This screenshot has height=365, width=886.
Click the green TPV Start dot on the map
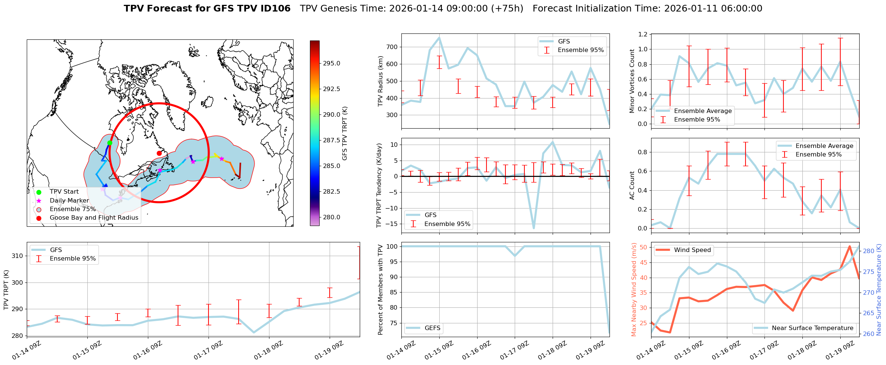[x=110, y=143]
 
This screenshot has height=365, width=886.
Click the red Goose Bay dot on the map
[x=159, y=153]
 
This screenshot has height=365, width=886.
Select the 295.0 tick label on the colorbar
[x=331, y=64]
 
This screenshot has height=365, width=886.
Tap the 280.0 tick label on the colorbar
[x=331, y=217]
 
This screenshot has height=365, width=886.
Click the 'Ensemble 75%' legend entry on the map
[x=72, y=209]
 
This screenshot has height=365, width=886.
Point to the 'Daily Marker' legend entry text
[x=69, y=201]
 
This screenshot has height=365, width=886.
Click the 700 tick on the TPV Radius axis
[x=392, y=47]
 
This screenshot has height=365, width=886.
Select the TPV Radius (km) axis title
[x=380, y=81]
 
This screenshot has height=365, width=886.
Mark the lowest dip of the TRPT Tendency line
[x=534, y=228]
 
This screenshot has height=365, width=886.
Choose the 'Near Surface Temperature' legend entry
[x=812, y=328]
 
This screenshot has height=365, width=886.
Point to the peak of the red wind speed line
[x=850, y=246]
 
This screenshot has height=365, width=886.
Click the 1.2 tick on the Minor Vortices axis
[x=643, y=35]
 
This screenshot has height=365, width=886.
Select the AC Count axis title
[x=632, y=185]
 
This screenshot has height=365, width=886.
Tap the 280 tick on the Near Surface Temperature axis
[x=869, y=251]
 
